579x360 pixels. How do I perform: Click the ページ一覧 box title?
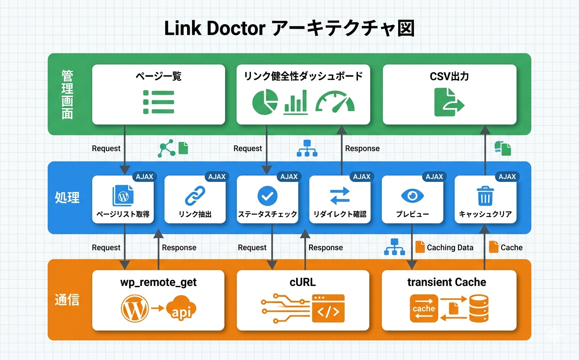(158, 76)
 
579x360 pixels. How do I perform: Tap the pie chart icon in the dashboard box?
(265, 101)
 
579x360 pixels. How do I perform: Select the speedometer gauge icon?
(335, 101)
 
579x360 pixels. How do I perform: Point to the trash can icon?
(485, 196)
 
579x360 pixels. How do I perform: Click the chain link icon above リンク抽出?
(195, 196)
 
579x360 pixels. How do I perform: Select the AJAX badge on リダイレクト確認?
(362, 176)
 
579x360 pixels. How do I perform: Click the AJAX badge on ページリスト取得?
(144, 176)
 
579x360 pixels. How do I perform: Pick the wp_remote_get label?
(158, 282)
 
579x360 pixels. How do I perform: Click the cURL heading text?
(303, 282)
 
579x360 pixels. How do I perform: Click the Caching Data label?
(450, 247)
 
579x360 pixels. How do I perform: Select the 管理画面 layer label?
(67, 94)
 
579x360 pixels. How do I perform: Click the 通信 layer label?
(67, 300)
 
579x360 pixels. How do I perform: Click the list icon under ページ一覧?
(158, 102)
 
